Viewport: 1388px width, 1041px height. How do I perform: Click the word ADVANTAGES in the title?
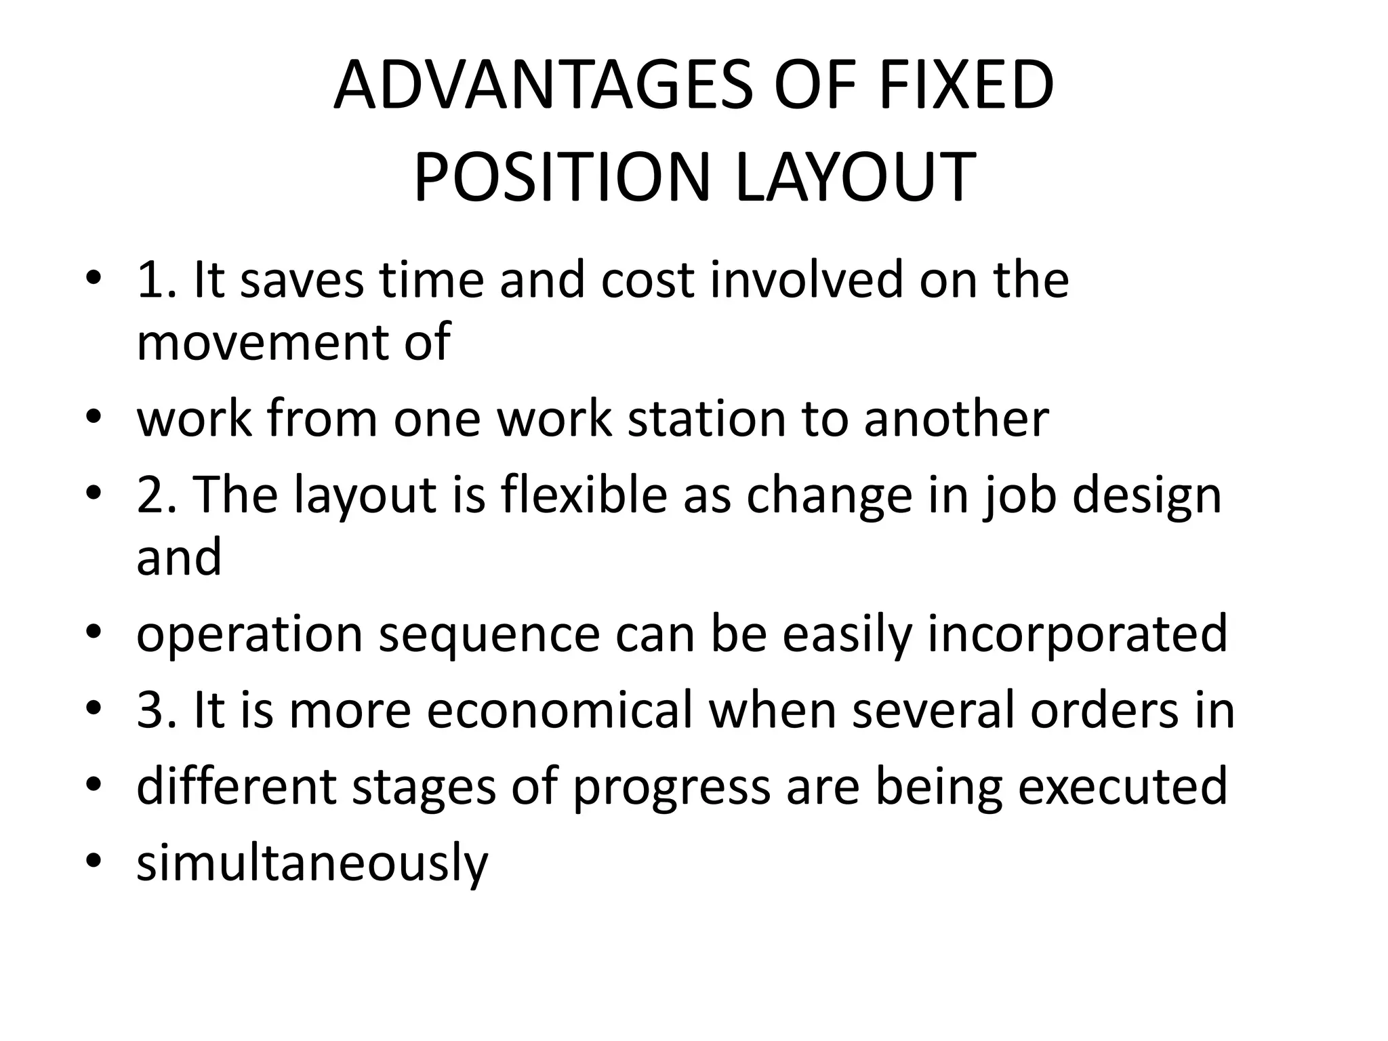[542, 86]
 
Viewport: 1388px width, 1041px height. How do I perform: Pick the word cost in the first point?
[647, 280]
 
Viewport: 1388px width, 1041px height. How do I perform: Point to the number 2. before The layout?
[157, 495]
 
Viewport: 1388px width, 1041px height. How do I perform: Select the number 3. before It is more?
[157, 710]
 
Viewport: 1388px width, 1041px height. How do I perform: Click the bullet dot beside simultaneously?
[94, 861]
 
